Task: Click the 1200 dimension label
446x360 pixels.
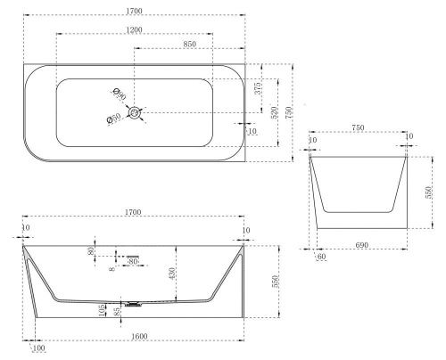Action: point(134,29)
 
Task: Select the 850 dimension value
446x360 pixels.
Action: point(189,44)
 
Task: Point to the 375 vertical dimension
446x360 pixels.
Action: point(259,88)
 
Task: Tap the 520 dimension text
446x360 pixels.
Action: point(274,111)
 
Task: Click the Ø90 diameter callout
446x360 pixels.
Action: point(120,94)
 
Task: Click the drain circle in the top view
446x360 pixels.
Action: point(135,113)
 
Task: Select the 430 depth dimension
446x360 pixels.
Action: point(172,274)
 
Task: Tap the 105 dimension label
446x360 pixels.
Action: point(103,310)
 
